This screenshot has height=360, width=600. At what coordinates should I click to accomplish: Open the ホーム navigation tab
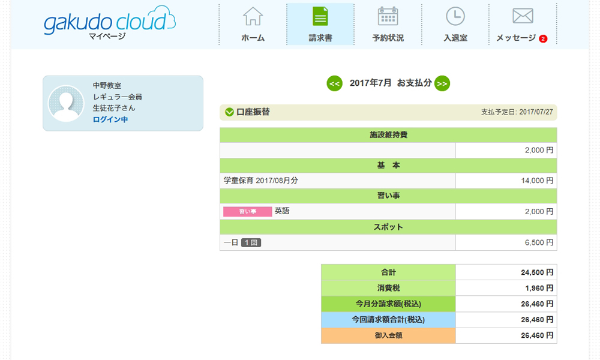tap(253, 25)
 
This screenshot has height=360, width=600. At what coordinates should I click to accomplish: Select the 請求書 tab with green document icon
tap(320, 25)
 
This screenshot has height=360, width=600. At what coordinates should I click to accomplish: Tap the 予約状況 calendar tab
tap(388, 25)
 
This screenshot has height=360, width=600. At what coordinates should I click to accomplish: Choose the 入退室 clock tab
tap(455, 25)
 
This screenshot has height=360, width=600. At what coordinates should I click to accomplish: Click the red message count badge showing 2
tap(543, 38)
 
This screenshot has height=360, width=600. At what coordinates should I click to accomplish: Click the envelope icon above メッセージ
tap(523, 16)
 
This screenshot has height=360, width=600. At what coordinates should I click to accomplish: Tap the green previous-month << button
tap(334, 83)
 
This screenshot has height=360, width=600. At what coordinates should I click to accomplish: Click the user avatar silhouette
tap(66, 103)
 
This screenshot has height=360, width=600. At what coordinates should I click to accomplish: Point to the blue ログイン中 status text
tap(110, 119)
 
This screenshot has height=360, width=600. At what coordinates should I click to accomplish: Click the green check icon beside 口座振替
tap(230, 112)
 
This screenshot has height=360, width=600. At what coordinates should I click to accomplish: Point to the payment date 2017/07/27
tap(536, 112)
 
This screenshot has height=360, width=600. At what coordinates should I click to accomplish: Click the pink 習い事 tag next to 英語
tap(248, 212)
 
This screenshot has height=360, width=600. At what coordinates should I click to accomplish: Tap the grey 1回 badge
tap(251, 242)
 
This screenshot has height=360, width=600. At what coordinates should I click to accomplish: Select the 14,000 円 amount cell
tap(506, 181)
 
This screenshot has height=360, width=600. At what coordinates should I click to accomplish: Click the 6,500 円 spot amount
tap(539, 242)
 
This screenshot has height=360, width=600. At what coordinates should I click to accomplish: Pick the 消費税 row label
tap(388, 288)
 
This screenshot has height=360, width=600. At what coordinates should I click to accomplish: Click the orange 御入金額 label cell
tap(388, 335)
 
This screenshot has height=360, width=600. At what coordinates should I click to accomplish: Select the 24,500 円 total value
tap(537, 272)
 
